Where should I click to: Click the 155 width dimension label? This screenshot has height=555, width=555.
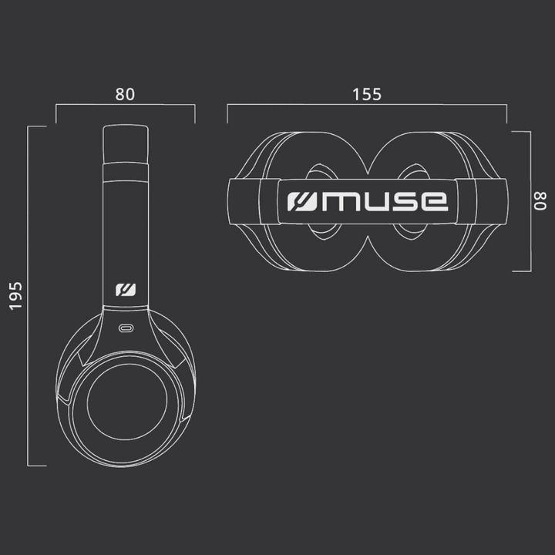[x=367, y=94]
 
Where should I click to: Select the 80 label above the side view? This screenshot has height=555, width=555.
[x=125, y=94]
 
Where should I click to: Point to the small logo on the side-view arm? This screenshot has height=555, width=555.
[x=126, y=291]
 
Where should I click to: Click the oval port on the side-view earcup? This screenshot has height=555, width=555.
[x=126, y=328]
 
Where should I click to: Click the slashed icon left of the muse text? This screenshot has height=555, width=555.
[x=300, y=201]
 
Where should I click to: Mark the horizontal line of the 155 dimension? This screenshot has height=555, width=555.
[x=367, y=106]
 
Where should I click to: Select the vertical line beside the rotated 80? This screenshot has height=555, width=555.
[x=530, y=201]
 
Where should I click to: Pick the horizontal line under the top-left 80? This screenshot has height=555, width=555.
[x=125, y=106]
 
